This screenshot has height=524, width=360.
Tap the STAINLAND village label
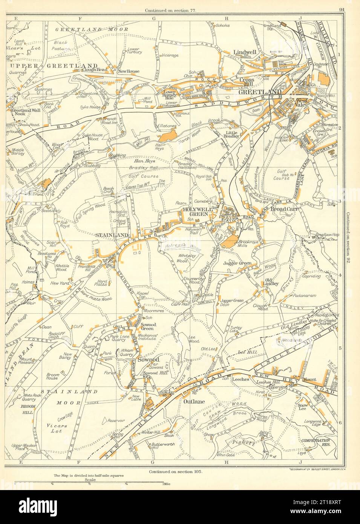(x=107, y=235)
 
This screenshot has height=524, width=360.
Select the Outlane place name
(x=195, y=401)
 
